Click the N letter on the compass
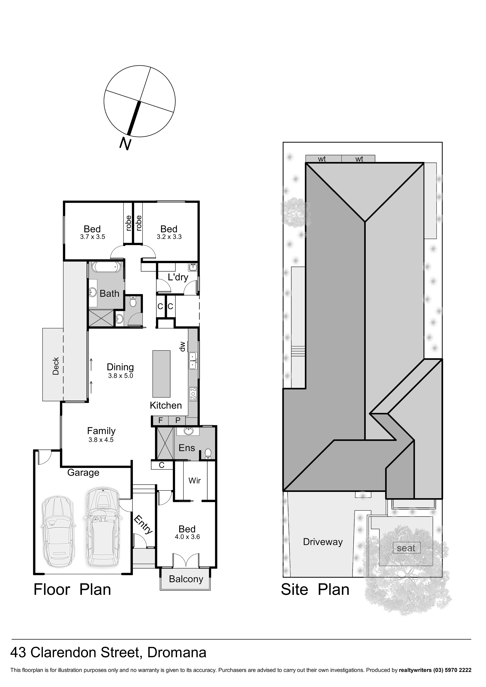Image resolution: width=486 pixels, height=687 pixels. point(126,143)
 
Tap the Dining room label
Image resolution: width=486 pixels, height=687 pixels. point(120,367)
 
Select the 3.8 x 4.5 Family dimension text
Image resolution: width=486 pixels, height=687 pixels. point(101,440)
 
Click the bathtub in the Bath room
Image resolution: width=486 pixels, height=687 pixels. point(106,267)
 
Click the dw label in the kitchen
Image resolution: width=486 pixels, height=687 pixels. point(182,347)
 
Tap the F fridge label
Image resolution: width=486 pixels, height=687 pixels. point(160,420)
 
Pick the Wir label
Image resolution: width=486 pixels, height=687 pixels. point(195,481)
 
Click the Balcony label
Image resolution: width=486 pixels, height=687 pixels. point(186,579)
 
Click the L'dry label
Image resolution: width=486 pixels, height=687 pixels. point(178,277)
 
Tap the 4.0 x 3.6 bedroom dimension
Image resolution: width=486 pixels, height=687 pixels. point(187,537)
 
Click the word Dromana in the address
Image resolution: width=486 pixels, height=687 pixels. point(177,652)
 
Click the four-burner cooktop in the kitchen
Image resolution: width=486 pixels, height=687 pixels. point(193,394)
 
